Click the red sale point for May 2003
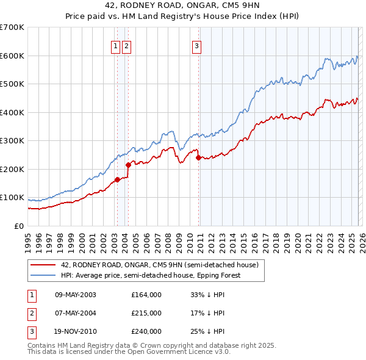[117, 179]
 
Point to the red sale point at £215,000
[128, 165]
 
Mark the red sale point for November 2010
[199, 157]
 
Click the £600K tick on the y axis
[12, 56]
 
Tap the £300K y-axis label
[12, 141]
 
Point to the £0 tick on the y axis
[18, 226]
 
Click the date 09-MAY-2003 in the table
[75, 295]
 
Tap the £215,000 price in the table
[146, 313]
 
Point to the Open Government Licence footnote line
[129, 351]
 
